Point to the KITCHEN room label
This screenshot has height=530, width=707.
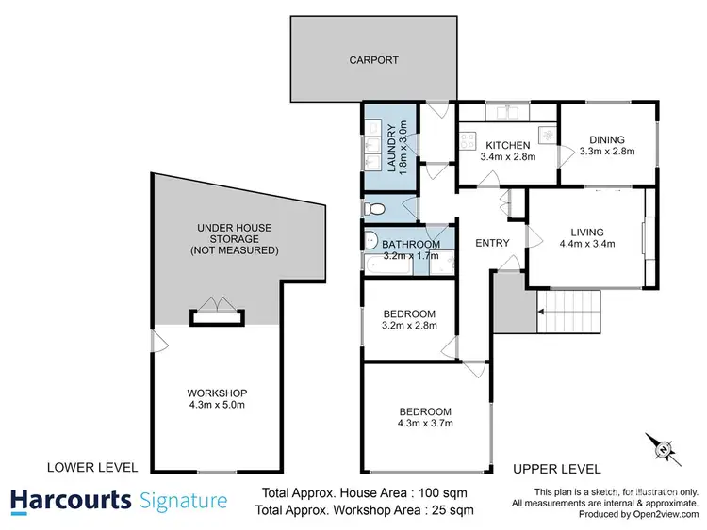coord(507,145)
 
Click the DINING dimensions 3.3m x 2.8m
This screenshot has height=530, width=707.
coord(606,151)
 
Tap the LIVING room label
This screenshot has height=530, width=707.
coord(586,232)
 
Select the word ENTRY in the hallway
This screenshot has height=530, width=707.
coord(492,243)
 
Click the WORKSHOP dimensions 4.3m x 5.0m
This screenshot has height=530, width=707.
coord(216,407)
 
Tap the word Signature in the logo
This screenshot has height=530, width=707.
coord(183,500)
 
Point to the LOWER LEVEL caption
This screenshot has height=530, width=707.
coord(92,467)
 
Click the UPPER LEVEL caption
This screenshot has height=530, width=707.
coord(556,468)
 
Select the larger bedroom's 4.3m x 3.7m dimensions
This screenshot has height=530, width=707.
coord(424,424)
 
